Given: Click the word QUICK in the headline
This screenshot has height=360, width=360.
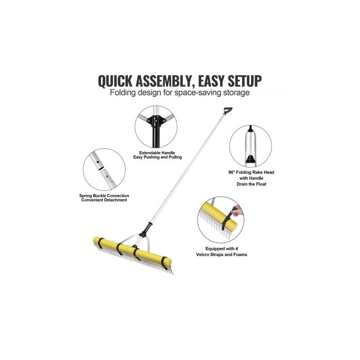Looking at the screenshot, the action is (115, 81).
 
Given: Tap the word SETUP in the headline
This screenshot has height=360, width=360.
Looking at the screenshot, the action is (244, 81).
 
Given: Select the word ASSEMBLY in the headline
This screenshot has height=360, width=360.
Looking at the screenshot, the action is (163, 81).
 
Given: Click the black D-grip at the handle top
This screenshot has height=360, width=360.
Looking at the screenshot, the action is (228, 111).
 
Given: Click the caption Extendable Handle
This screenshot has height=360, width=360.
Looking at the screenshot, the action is (157, 153).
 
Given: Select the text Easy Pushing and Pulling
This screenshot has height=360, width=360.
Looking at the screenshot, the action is (157, 157).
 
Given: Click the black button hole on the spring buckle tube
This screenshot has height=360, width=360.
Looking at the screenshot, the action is (98, 162).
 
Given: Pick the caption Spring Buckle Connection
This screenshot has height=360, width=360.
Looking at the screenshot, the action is (104, 196).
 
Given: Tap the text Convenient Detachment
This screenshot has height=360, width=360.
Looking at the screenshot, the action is (104, 200).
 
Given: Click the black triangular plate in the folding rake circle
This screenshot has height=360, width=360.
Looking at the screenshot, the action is (250, 159).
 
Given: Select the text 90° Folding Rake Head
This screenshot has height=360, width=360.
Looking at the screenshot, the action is (251, 172).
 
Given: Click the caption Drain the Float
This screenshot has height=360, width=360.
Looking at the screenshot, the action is (252, 184).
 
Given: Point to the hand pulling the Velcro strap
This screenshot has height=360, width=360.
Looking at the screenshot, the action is (238, 211).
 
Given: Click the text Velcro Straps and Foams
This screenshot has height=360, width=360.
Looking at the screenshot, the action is (221, 255).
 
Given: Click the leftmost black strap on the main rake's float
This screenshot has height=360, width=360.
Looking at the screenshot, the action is (100, 242).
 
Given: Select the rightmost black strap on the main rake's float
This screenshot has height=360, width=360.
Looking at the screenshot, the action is (165, 263).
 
